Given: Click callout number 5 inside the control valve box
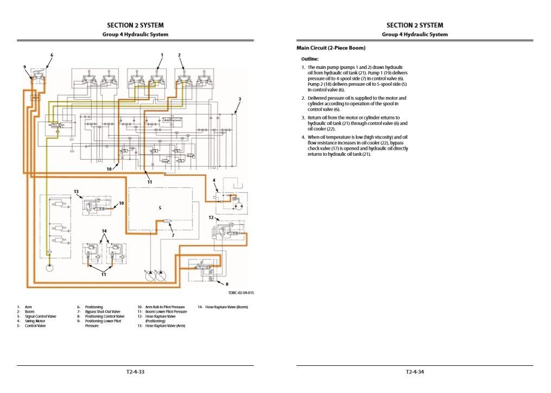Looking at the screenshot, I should point(160,207).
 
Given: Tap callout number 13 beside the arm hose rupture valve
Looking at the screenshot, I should point(76,192).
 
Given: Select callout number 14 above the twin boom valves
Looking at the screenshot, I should point(104,231).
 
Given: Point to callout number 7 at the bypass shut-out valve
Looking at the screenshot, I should point(173,236).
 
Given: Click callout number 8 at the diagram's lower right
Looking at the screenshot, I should point(227,284).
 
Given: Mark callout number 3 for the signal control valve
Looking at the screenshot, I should point(240,99).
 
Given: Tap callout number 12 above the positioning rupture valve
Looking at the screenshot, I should point(211,217).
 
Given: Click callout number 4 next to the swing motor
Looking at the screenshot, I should point(214,180).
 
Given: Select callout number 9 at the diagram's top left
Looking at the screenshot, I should point(24,66).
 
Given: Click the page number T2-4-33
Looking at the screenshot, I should point(135,372).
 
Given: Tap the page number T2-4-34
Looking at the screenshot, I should point(415,372).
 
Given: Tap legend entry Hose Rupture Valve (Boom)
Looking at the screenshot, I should point(226,307).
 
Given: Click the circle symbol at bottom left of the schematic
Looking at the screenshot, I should point(49,268).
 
